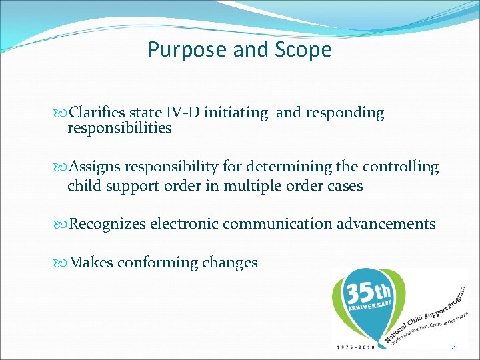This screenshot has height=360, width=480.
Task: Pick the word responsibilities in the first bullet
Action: coord(119,128)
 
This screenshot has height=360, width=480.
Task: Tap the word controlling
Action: coord(399,167)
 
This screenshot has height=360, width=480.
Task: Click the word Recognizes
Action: coord(107,224)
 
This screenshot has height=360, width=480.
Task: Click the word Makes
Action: coord(91,263)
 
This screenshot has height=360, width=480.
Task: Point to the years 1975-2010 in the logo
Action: coord(356,347)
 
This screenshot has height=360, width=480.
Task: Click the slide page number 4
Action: coord(454,348)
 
